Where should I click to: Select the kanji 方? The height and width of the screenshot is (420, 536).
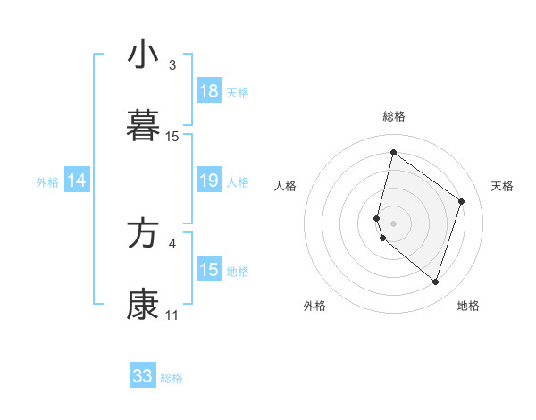pyautogui.click(x=143, y=234)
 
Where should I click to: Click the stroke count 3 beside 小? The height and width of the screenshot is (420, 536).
pyautogui.click(x=172, y=65)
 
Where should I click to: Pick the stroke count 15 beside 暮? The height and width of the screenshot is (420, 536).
pyautogui.click(x=172, y=137)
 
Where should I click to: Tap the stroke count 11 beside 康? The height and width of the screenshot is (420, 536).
pyautogui.click(x=172, y=315)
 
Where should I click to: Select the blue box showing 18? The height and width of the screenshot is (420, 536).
pyautogui.click(x=209, y=91)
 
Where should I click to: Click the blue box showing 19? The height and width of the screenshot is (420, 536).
pyautogui.click(x=209, y=181)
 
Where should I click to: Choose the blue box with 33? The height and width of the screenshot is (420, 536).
pyautogui.click(x=143, y=376)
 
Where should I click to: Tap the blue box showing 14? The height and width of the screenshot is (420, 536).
pyautogui.click(x=77, y=181)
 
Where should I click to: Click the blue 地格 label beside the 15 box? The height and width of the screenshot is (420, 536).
pyautogui.click(x=238, y=271)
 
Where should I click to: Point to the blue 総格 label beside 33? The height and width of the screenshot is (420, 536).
pyautogui.click(x=172, y=378)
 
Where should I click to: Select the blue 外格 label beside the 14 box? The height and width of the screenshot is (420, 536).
pyautogui.click(x=47, y=181)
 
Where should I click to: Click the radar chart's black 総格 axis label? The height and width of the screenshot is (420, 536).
pyautogui.click(x=394, y=116)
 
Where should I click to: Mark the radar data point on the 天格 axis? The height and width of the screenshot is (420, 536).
pyautogui.click(x=462, y=201)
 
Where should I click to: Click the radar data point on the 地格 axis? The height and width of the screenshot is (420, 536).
pyautogui.click(x=435, y=281)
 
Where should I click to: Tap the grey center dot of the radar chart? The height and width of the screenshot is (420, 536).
pyautogui.click(x=394, y=223)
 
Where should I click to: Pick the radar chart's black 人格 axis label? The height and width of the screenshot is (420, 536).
pyautogui.click(x=286, y=186)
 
